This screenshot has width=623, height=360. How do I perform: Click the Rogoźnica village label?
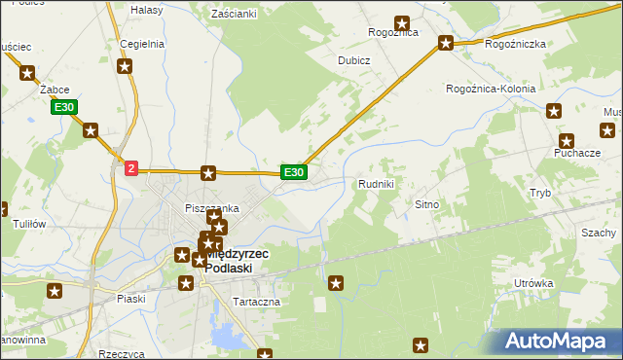coord(392,32)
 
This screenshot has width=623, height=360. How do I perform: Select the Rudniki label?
coord(376,183)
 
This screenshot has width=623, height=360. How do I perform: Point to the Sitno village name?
coord(428,205)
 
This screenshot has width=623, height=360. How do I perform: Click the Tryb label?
coord(540,193)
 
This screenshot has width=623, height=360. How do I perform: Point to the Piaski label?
coord(129,299)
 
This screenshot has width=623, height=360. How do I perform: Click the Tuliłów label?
coord(29,224)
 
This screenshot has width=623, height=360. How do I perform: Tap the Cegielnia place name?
coord(141,44)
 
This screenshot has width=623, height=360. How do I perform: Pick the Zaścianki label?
coord(234,14)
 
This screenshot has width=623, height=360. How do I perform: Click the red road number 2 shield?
coord(131,168)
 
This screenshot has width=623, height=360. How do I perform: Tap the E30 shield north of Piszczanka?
coord(295,172)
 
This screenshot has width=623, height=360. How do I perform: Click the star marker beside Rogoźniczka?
coord(446,43)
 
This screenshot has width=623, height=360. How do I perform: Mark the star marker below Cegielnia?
coord(125,67)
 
